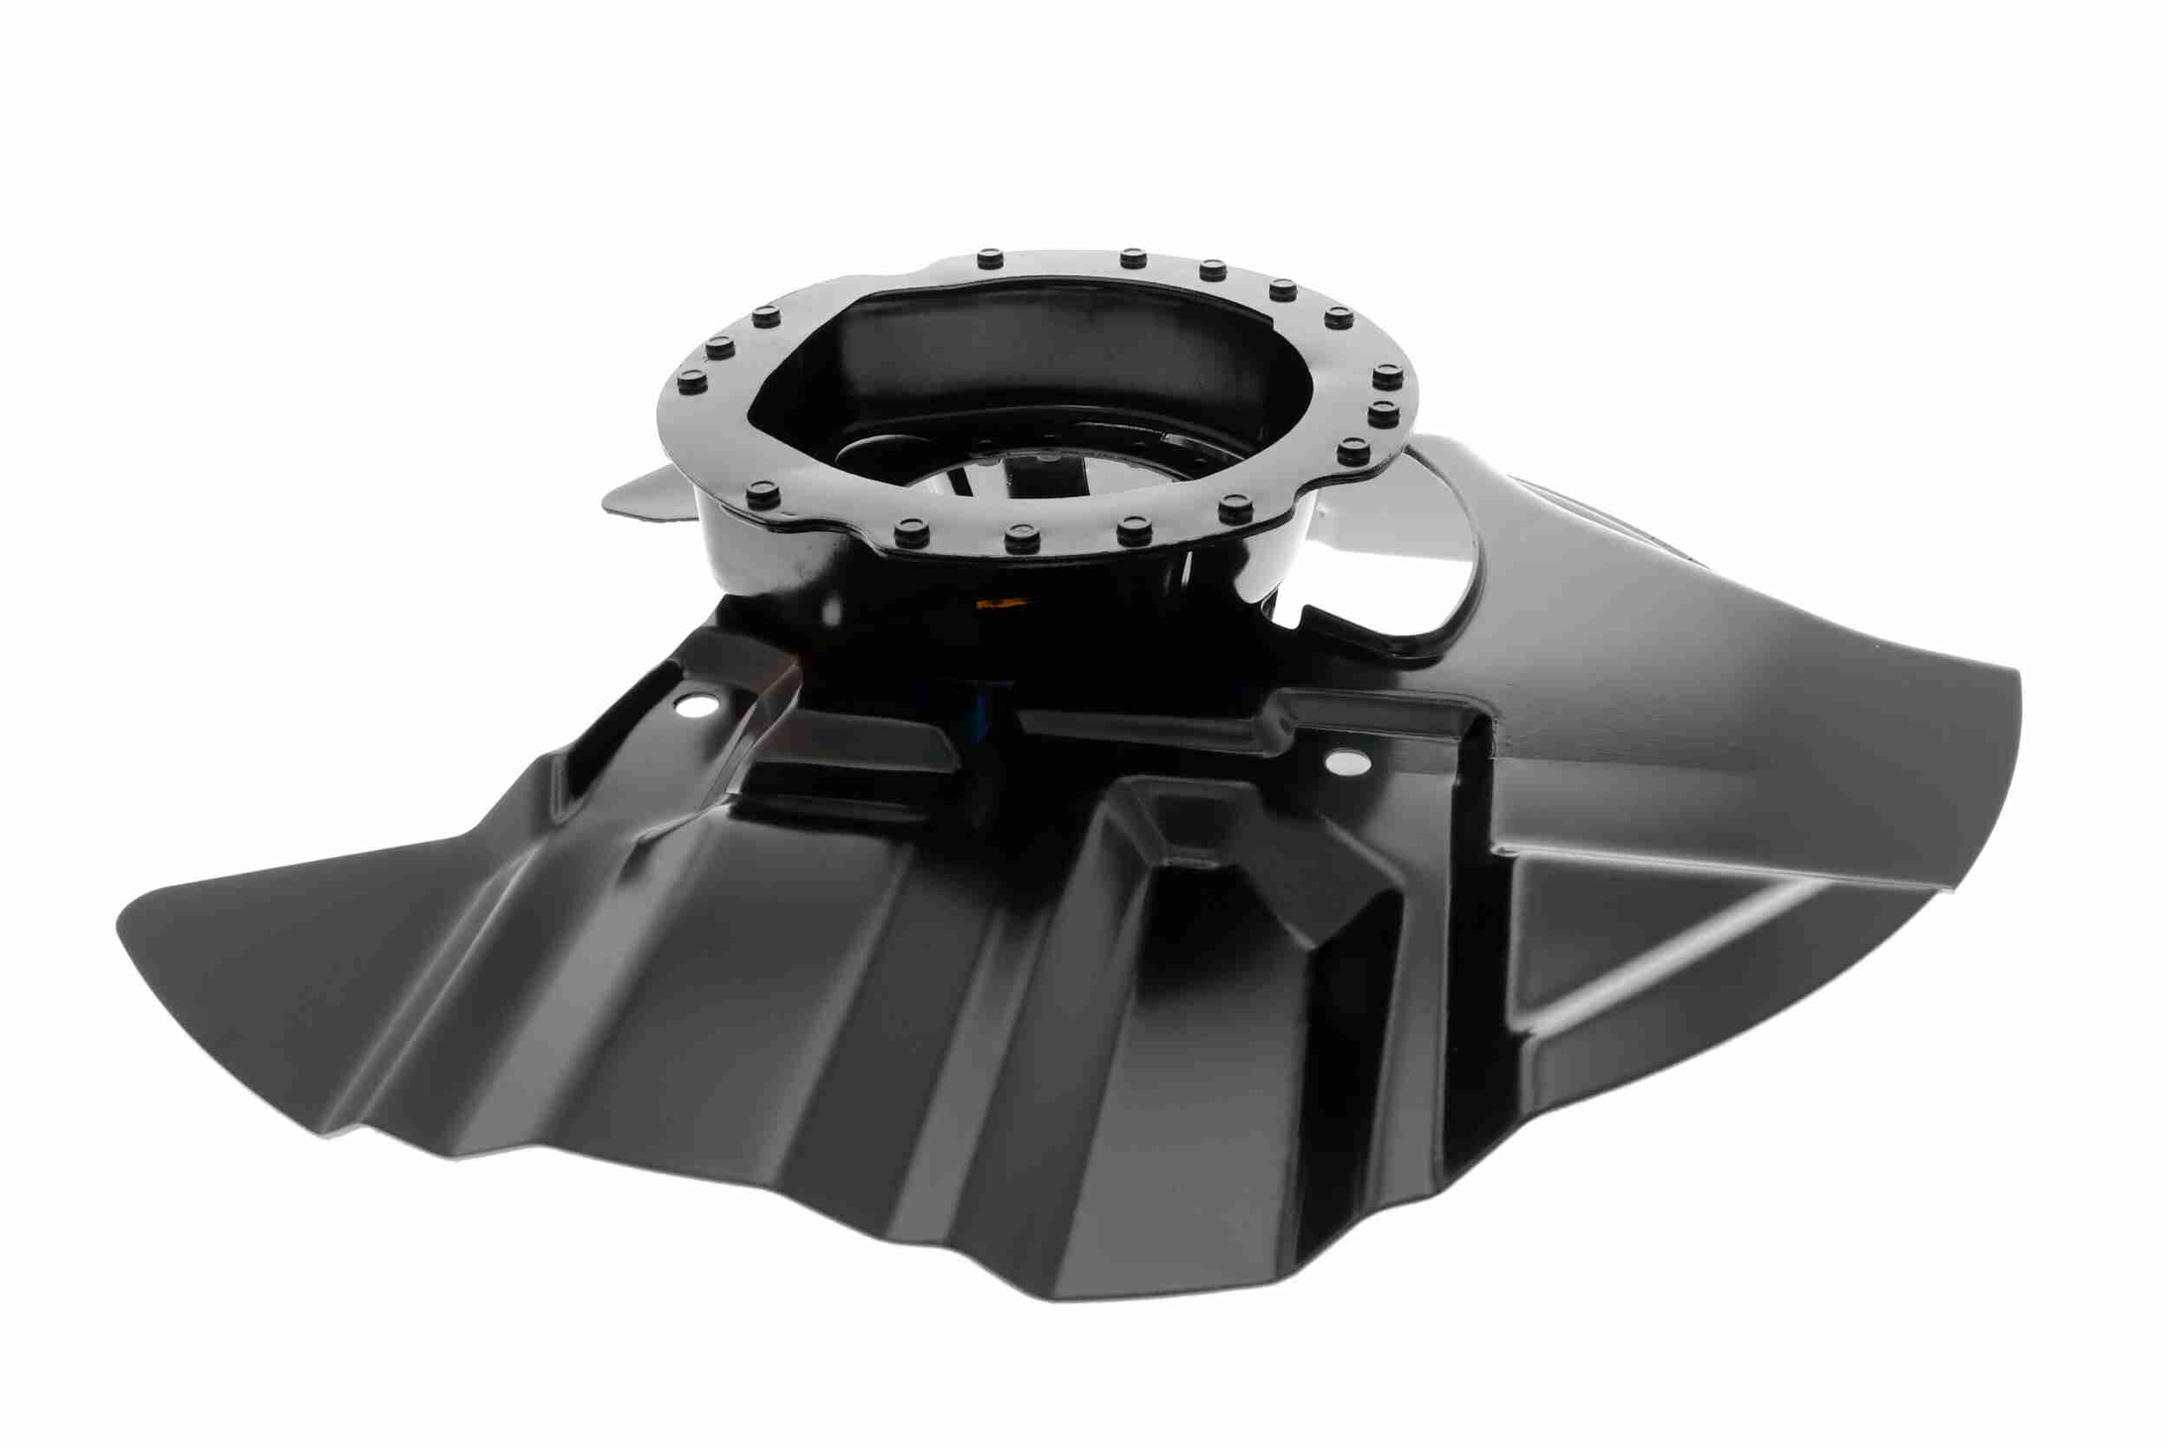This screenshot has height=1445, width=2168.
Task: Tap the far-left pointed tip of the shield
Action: tap(124, 921)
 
